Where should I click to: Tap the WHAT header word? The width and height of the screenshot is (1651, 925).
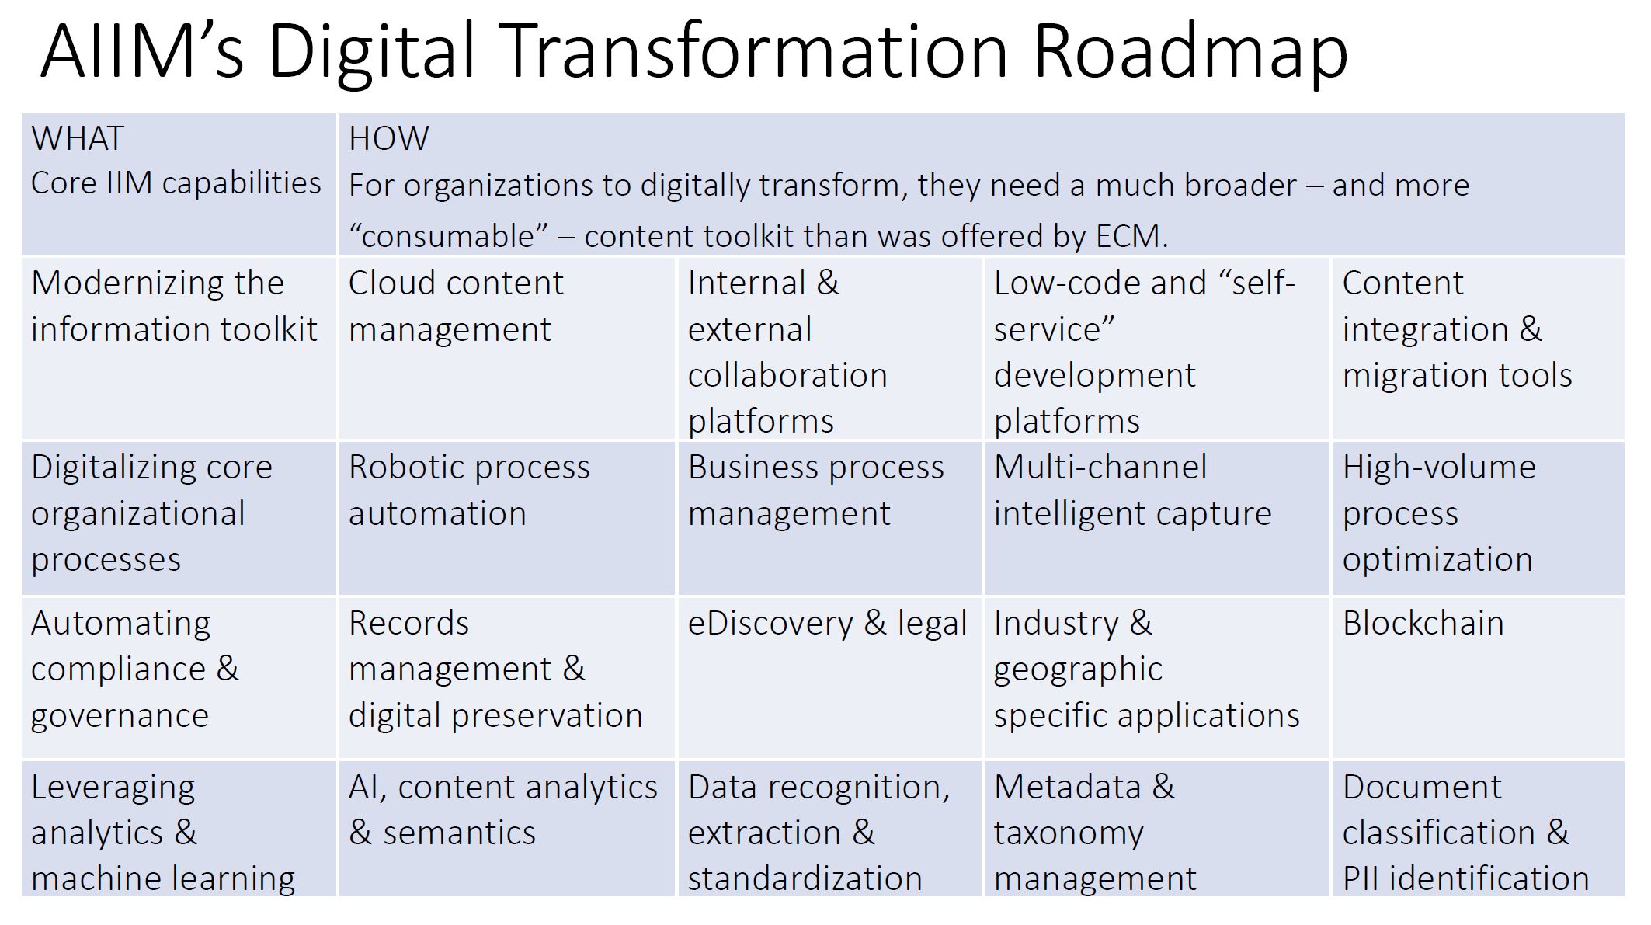pyautogui.click(x=78, y=139)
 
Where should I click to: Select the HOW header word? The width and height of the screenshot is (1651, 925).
pyautogui.click(x=388, y=139)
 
